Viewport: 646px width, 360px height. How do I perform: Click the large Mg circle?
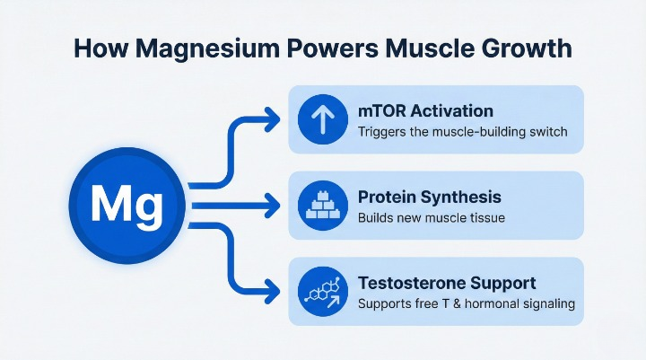(128, 207)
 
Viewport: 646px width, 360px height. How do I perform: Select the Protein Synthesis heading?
(429, 197)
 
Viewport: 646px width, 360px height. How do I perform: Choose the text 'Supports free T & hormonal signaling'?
(466, 304)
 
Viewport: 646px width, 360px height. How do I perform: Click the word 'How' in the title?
(99, 47)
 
